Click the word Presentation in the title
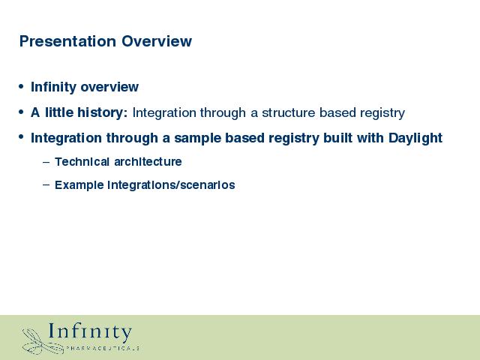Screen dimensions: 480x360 67,41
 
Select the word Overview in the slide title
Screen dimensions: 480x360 157,41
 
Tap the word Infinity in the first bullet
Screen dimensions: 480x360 53,87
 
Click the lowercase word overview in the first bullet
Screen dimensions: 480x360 109,87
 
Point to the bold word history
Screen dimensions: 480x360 102,112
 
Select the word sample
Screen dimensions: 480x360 197,138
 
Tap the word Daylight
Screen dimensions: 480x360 415,138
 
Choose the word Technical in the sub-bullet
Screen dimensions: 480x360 82,162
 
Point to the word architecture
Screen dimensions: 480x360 148,162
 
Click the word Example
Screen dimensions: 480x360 79,185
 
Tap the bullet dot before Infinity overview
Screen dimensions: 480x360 21,87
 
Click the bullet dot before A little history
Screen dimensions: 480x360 21,112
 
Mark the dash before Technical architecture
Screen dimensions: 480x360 46,162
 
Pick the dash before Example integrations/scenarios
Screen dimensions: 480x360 46,185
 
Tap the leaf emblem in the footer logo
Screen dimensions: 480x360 42,342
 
